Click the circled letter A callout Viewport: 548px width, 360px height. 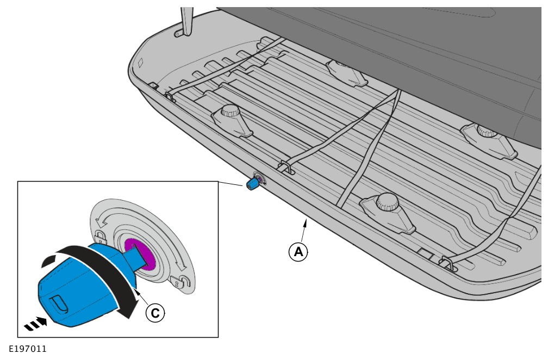point(298,251)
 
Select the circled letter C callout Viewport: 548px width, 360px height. point(155,313)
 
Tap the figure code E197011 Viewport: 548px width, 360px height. point(27,349)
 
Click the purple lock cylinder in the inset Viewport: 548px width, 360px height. point(139,253)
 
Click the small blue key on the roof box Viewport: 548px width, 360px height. point(252,184)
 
